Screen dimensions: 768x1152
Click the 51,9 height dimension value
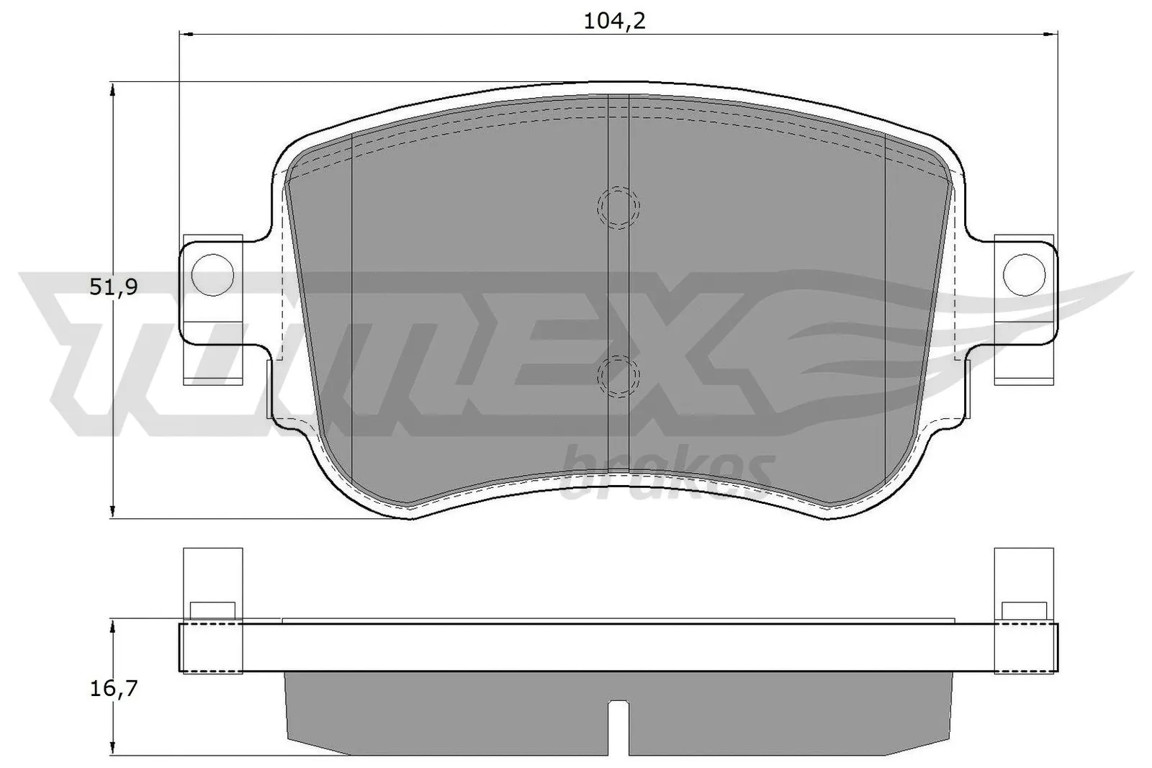[x=114, y=287]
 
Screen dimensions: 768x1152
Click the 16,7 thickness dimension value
[x=114, y=689]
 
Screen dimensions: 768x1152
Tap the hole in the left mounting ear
[x=212, y=275]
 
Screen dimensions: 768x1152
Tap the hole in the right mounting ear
[x=1023, y=274]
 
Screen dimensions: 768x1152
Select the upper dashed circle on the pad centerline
[x=618, y=208]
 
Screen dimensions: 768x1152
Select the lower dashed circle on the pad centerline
[x=618, y=375]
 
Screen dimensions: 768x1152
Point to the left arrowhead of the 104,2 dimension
[x=186, y=32]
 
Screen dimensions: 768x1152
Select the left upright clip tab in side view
[x=212, y=583]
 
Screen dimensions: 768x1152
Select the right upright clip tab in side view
[x=1023, y=583]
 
